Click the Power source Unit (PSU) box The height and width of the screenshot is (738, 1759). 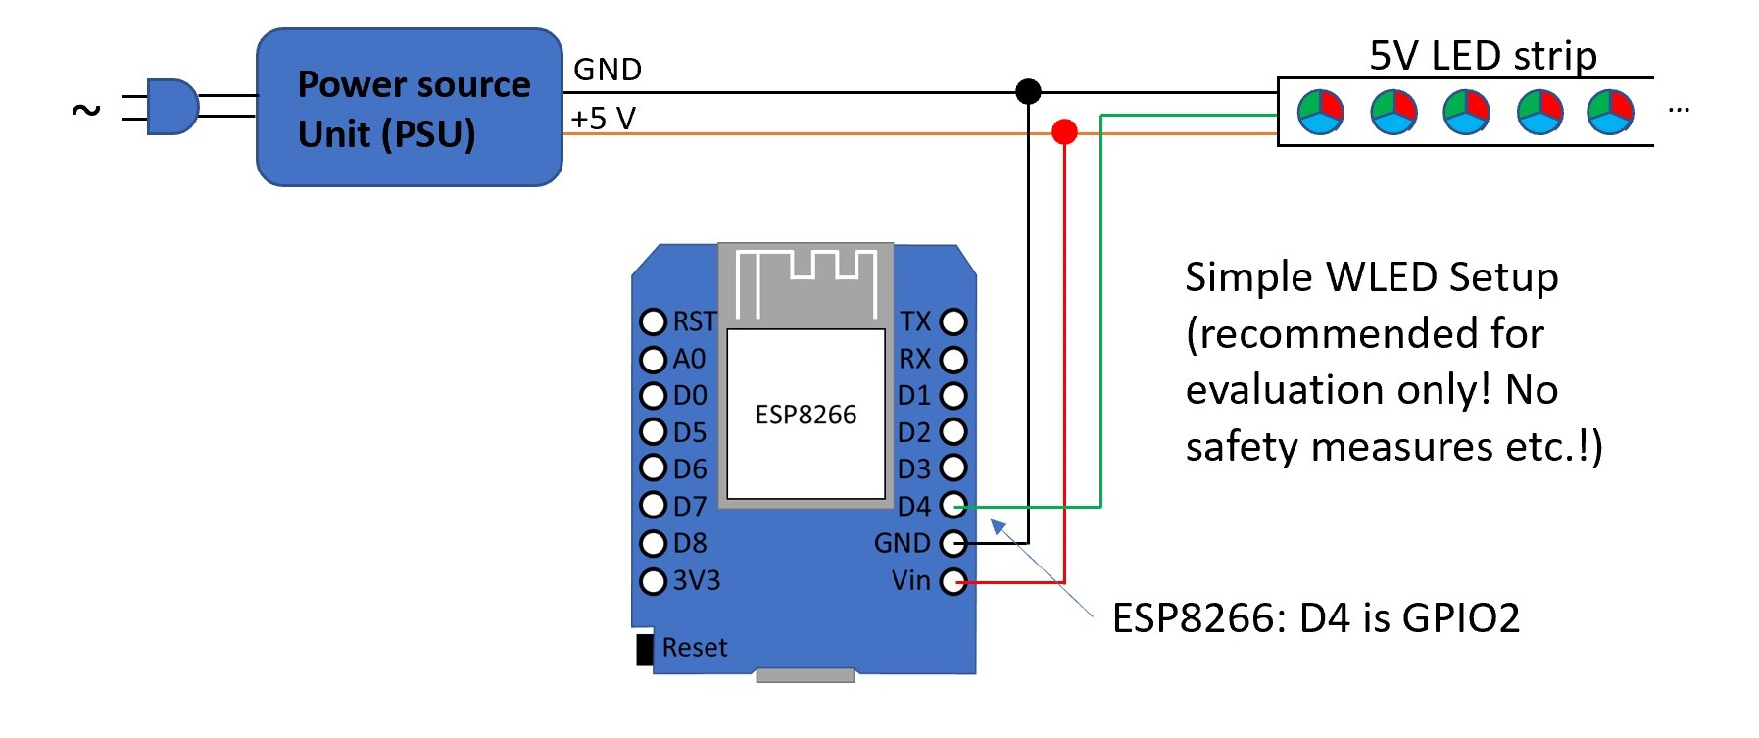pos(410,108)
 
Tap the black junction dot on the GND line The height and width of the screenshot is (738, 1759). pos(1028,91)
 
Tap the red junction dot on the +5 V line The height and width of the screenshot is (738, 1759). pos(1064,131)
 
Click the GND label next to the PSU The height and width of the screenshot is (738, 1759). pos(608,70)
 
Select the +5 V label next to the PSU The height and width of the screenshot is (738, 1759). pos(604,119)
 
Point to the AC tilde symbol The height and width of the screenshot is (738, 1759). pos(86,110)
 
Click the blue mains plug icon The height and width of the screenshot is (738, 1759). pos(171,106)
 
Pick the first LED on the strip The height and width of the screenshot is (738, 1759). pos(1320,112)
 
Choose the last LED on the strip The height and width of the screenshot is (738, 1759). pos(1610,112)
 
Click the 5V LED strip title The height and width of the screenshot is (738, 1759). pos(1483,56)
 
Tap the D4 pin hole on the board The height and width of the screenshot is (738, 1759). pos(953,506)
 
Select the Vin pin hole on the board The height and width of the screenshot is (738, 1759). pos(953,581)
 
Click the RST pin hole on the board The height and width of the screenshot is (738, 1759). pos(653,321)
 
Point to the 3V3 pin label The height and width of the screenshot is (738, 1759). pos(697,581)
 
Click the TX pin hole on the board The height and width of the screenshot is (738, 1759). pos(953,321)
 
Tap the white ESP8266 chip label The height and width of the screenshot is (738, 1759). pos(806,415)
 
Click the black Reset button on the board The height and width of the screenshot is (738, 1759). pos(645,649)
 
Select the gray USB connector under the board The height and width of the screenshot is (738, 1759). pos(806,675)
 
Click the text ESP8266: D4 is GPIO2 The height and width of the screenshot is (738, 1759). pos(1315,618)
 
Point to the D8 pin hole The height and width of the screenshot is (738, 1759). pos(653,543)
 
